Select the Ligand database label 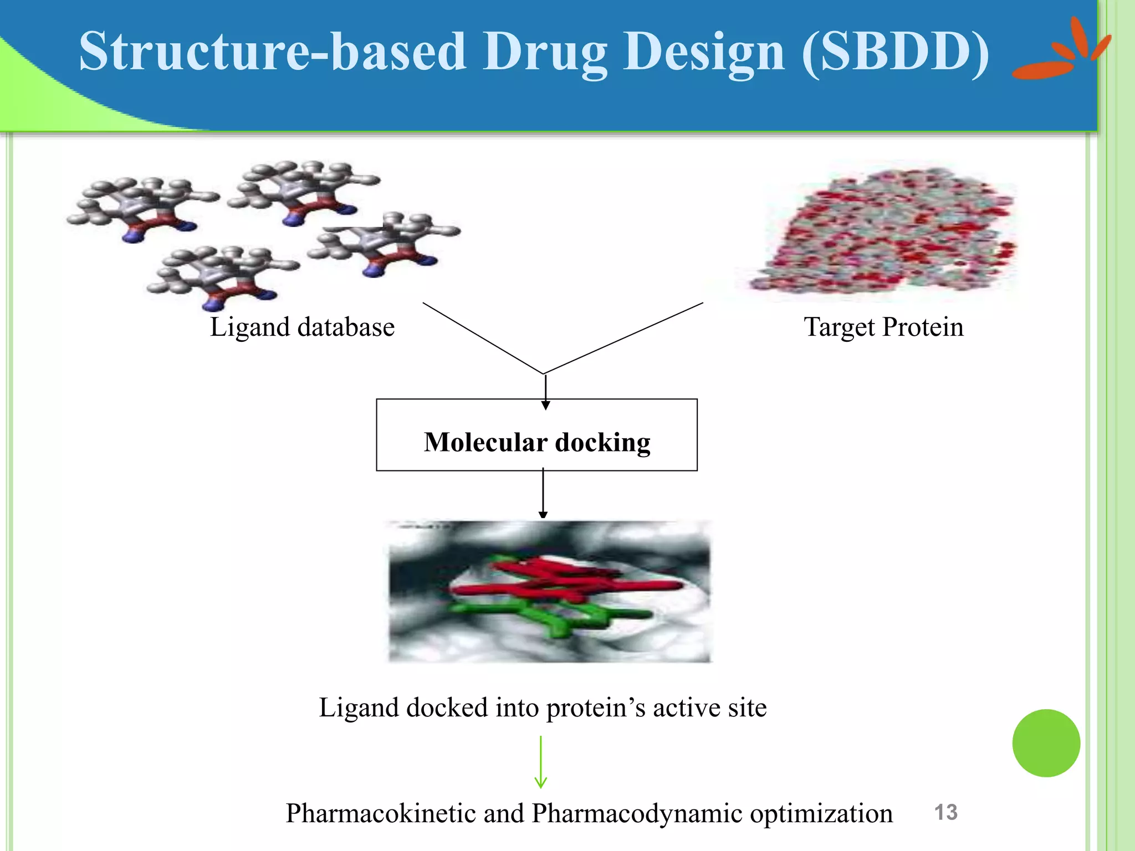[x=302, y=327]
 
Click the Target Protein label [x=883, y=327]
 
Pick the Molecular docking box [x=536, y=435]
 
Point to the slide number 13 [x=945, y=812]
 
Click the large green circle [x=1046, y=743]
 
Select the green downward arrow [x=540, y=762]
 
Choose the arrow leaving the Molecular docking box [x=543, y=493]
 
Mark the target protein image [x=884, y=233]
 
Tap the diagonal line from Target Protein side [x=623, y=338]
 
